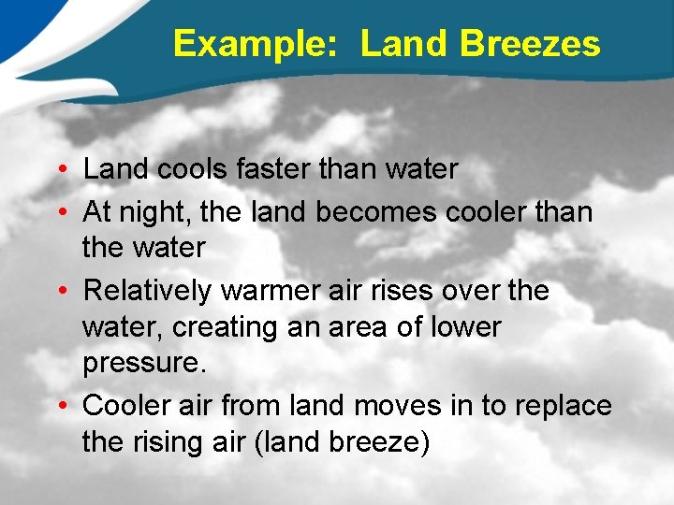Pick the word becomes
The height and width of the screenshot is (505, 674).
tap(374, 212)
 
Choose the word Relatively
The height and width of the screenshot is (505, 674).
tap(147, 291)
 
